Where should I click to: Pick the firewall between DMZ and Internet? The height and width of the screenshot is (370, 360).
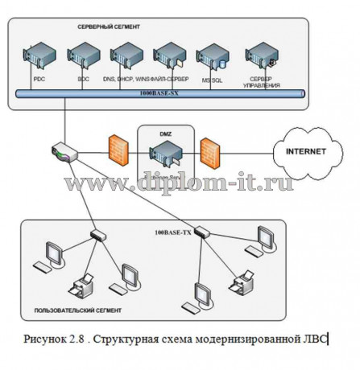click(211, 150)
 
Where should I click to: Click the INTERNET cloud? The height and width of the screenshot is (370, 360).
click(305, 150)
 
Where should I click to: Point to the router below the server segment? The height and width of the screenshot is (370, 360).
click(64, 151)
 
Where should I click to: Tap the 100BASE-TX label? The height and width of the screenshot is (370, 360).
click(173, 232)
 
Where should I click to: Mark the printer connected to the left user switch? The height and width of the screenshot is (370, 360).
click(83, 285)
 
